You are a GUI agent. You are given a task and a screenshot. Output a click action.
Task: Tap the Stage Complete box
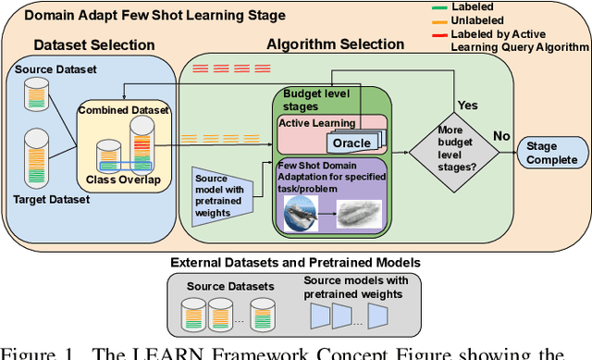551,152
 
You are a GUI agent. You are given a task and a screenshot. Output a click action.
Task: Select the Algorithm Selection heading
335,44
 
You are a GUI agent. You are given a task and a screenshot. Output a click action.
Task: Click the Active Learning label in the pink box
318,123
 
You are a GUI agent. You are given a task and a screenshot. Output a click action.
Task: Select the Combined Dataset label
125,108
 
